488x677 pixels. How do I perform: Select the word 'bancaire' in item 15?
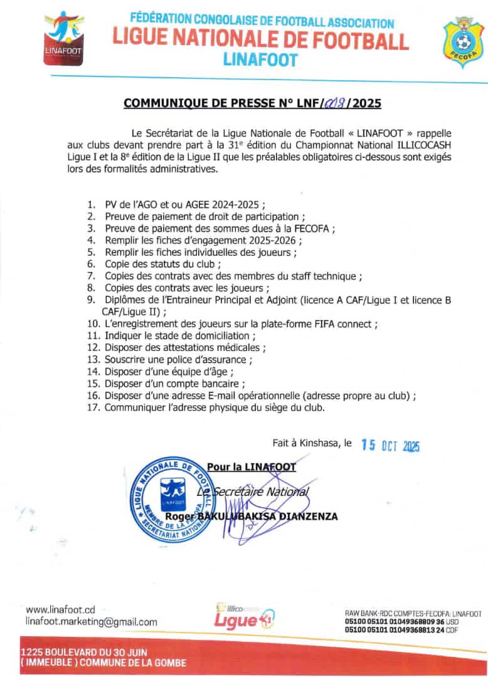pos(221,383)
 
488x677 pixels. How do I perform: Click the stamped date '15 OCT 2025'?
pos(390,445)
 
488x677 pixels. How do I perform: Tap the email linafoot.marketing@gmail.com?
pos(92,622)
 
